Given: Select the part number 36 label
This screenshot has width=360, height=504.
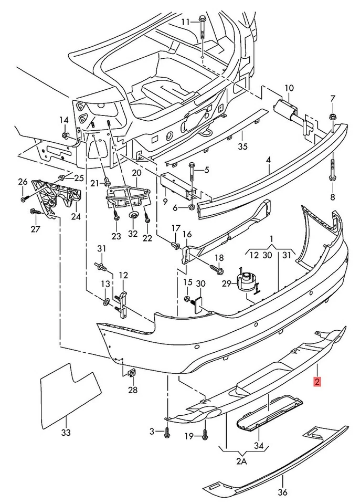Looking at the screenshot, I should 282,492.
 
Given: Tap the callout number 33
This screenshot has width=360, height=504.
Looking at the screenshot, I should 66,433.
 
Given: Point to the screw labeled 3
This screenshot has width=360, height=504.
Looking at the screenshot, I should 167,432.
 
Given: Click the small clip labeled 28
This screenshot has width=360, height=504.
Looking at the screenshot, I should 131,373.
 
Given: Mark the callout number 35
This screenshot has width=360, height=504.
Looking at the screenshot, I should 242,146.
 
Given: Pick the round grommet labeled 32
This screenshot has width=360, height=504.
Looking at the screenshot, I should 133,215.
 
